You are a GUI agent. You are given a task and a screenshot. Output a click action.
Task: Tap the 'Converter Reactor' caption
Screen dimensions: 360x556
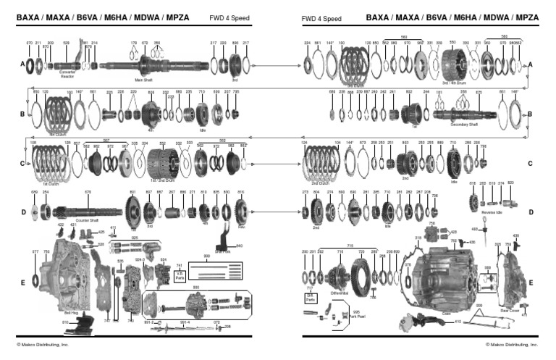pos(67,75)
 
